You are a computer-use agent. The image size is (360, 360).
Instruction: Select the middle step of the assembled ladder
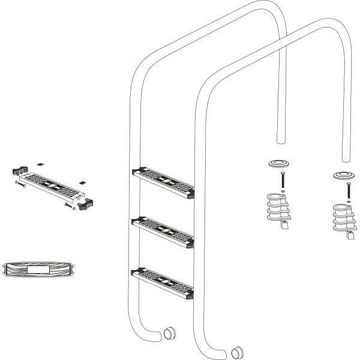(163, 232)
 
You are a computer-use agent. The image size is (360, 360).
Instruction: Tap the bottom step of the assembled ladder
(163, 283)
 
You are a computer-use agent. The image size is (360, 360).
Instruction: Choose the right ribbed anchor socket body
(342, 220)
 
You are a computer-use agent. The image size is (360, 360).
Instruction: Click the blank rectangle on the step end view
(39, 269)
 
